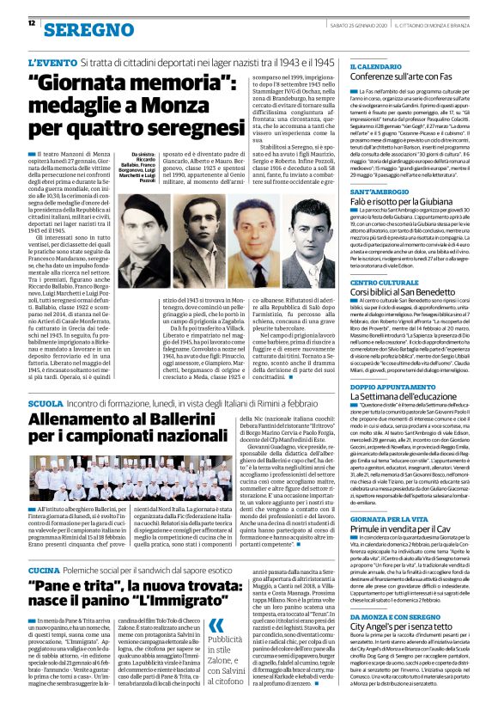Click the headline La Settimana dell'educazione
410,396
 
